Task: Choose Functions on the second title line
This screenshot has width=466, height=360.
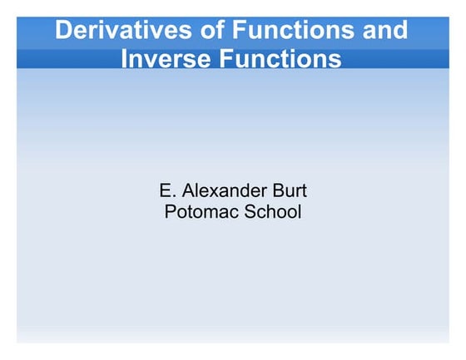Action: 284,59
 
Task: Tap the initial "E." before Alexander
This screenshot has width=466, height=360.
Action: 166,192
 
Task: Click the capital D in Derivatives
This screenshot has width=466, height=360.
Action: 62,31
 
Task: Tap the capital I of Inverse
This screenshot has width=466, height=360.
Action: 126,59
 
